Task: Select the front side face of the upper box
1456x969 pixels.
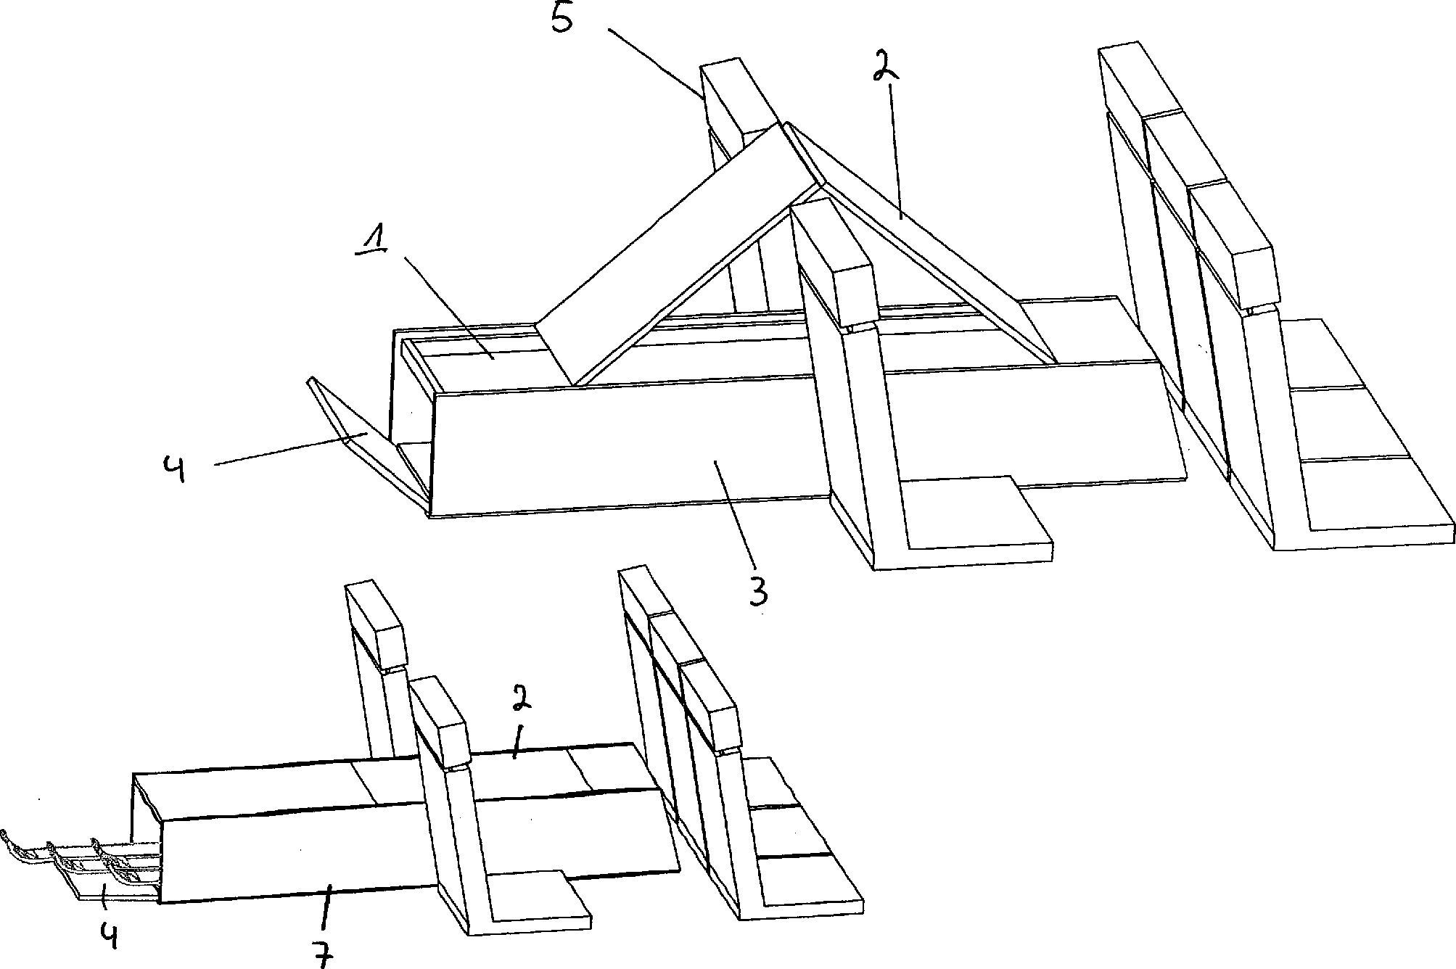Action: click(624, 446)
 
